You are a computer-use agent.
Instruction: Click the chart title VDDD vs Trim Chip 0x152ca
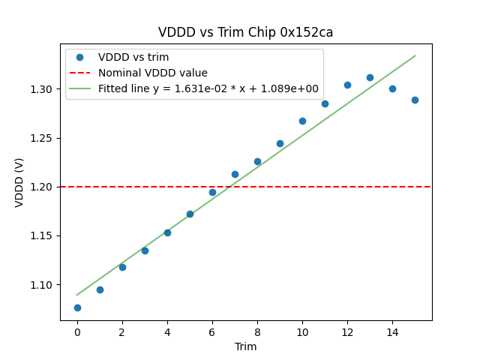245,32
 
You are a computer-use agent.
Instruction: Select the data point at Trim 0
77,307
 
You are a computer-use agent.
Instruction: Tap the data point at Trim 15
415,100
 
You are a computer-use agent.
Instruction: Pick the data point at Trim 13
370,77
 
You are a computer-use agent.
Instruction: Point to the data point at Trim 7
235,174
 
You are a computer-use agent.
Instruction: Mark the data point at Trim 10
302,121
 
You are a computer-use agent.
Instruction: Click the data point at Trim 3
145,250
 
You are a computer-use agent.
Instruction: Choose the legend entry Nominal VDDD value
152,73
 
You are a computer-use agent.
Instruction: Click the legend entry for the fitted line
208,88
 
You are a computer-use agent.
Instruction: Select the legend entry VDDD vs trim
133,57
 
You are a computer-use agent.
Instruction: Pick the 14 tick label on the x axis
392,331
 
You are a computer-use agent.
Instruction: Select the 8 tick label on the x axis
257,331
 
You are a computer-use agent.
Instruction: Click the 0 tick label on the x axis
77,331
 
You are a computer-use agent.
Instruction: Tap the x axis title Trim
245,346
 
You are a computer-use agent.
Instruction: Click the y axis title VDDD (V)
19,181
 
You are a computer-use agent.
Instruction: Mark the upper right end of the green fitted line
415,55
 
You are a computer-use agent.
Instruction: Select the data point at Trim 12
347,85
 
